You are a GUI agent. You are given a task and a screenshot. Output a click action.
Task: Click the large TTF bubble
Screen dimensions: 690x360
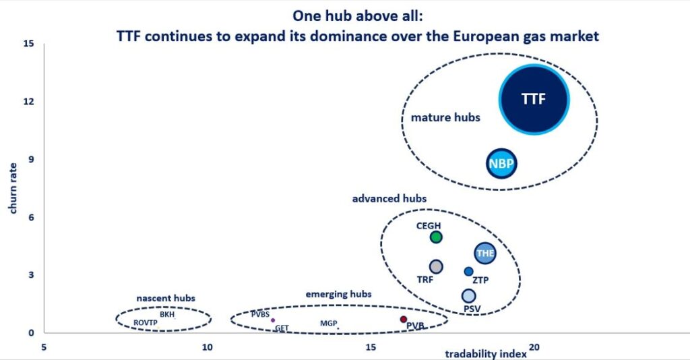click(x=534, y=100)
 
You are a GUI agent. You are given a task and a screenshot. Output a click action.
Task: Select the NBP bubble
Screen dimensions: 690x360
click(x=501, y=164)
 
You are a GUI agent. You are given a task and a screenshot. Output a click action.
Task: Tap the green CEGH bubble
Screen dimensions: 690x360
click(x=436, y=237)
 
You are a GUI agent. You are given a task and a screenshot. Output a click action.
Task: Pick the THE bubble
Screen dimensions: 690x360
click(x=485, y=253)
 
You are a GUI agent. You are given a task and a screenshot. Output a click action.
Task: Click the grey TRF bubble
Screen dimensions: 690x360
click(x=436, y=267)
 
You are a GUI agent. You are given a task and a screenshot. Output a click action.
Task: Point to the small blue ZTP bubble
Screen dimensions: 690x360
click(x=469, y=272)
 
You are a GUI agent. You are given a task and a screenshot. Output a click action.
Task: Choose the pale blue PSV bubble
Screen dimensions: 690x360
click(x=469, y=296)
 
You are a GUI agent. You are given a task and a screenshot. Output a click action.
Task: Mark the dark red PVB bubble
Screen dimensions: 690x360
click(x=404, y=319)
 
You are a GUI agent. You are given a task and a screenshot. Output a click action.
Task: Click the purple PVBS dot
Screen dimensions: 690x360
click(x=273, y=320)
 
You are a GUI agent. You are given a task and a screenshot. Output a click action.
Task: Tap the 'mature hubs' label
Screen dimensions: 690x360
click(x=445, y=117)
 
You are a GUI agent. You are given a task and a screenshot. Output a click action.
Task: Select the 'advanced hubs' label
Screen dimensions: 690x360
click(x=389, y=198)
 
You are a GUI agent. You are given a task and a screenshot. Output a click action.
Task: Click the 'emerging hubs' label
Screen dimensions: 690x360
click(x=338, y=294)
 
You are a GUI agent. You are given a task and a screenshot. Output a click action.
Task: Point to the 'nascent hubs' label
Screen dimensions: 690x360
click(x=166, y=298)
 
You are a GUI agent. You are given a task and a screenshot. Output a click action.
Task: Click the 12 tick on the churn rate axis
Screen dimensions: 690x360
click(x=28, y=101)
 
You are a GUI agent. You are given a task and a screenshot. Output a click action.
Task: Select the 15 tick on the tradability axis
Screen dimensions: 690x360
click(x=371, y=347)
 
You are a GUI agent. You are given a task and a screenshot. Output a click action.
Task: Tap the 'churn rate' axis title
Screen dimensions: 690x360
click(x=13, y=188)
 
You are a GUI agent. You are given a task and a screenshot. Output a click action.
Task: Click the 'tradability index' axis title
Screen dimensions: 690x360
click(x=486, y=354)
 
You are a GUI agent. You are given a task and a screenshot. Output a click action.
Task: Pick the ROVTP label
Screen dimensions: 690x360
click(x=146, y=323)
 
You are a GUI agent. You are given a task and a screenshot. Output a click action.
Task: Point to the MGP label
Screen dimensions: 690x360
click(x=328, y=323)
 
